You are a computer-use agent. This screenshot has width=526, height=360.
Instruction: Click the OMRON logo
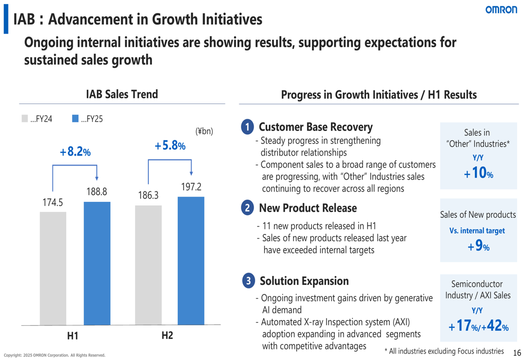(501, 10)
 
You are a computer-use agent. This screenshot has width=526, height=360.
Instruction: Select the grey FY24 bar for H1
(53, 268)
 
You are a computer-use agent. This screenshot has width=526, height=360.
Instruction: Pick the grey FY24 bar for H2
(148, 265)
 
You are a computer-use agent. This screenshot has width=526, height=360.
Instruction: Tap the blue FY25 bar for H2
(191, 261)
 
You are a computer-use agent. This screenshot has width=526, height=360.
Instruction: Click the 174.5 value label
(53, 202)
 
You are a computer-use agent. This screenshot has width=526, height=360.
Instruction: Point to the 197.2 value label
(191, 187)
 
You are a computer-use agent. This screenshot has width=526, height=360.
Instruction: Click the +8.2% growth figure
(75, 152)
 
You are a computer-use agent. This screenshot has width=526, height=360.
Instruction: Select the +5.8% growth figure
(170, 146)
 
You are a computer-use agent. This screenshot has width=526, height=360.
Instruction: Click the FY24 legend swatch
(25, 119)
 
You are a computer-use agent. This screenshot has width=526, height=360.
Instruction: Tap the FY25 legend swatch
(75, 119)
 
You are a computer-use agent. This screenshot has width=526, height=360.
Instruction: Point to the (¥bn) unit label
(204, 131)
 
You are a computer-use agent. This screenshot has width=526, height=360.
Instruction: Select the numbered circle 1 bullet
(247, 127)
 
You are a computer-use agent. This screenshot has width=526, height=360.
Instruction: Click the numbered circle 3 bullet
(248, 281)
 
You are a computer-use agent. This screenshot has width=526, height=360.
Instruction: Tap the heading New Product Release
(308, 208)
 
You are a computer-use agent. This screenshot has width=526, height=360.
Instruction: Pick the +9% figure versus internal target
(478, 245)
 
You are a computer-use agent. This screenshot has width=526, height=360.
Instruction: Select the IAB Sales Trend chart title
(122, 95)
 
